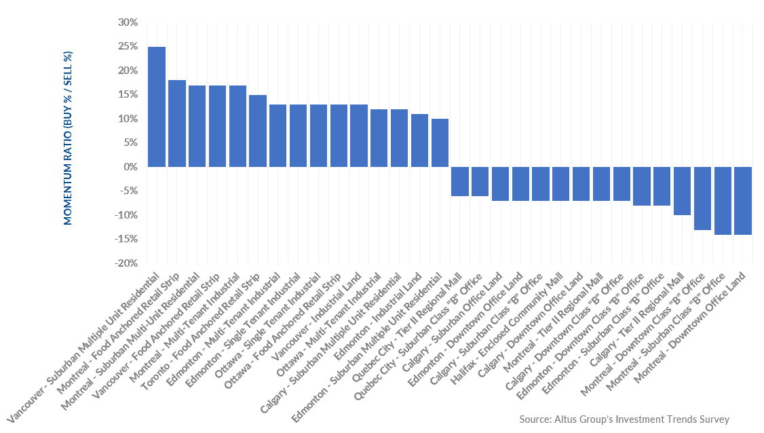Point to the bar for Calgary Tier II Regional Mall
click(683, 191)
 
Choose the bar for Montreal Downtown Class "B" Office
click(703, 198)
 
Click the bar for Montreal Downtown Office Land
click(743, 200)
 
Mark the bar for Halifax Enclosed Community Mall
click(561, 183)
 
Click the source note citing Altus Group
click(624, 419)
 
